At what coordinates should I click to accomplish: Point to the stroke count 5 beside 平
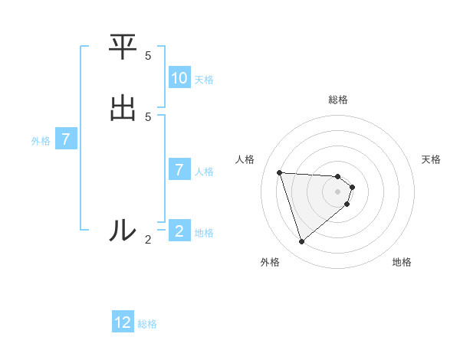(x=148, y=56)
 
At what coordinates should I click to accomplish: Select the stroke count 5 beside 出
(x=148, y=116)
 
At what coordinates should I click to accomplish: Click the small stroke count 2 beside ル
(x=148, y=240)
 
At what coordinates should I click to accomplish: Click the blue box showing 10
(x=179, y=78)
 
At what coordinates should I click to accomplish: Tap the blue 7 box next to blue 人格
(x=179, y=170)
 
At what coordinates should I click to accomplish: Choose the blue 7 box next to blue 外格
(x=66, y=140)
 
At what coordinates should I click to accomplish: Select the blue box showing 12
(x=123, y=323)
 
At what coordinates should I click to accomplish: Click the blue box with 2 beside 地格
(x=179, y=231)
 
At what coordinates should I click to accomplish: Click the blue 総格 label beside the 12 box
(x=147, y=324)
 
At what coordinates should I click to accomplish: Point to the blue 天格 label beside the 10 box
(x=204, y=79)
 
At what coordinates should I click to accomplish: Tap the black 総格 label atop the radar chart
(x=338, y=100)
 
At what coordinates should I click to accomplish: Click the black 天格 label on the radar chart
(x=431, y=159)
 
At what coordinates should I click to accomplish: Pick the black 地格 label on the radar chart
(x=402, y=262)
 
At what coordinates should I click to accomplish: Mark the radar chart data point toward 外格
(x=302, y=242)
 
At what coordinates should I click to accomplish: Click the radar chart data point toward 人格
(x=280, y=172)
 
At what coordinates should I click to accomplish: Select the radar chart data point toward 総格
(x=338, y=175)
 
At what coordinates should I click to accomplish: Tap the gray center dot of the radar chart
(x=338, y=201)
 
